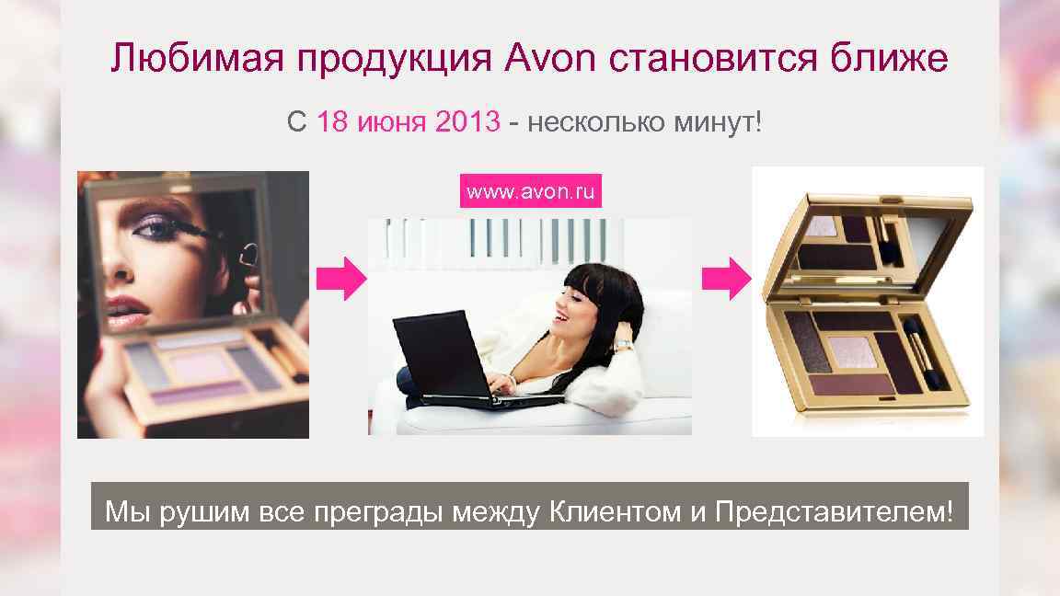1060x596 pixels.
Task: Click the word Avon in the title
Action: [550, 60]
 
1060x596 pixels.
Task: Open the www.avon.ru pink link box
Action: [530, 192]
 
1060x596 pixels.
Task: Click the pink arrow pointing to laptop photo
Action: [340, 279]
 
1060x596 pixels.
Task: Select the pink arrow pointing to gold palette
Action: [726, 279]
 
